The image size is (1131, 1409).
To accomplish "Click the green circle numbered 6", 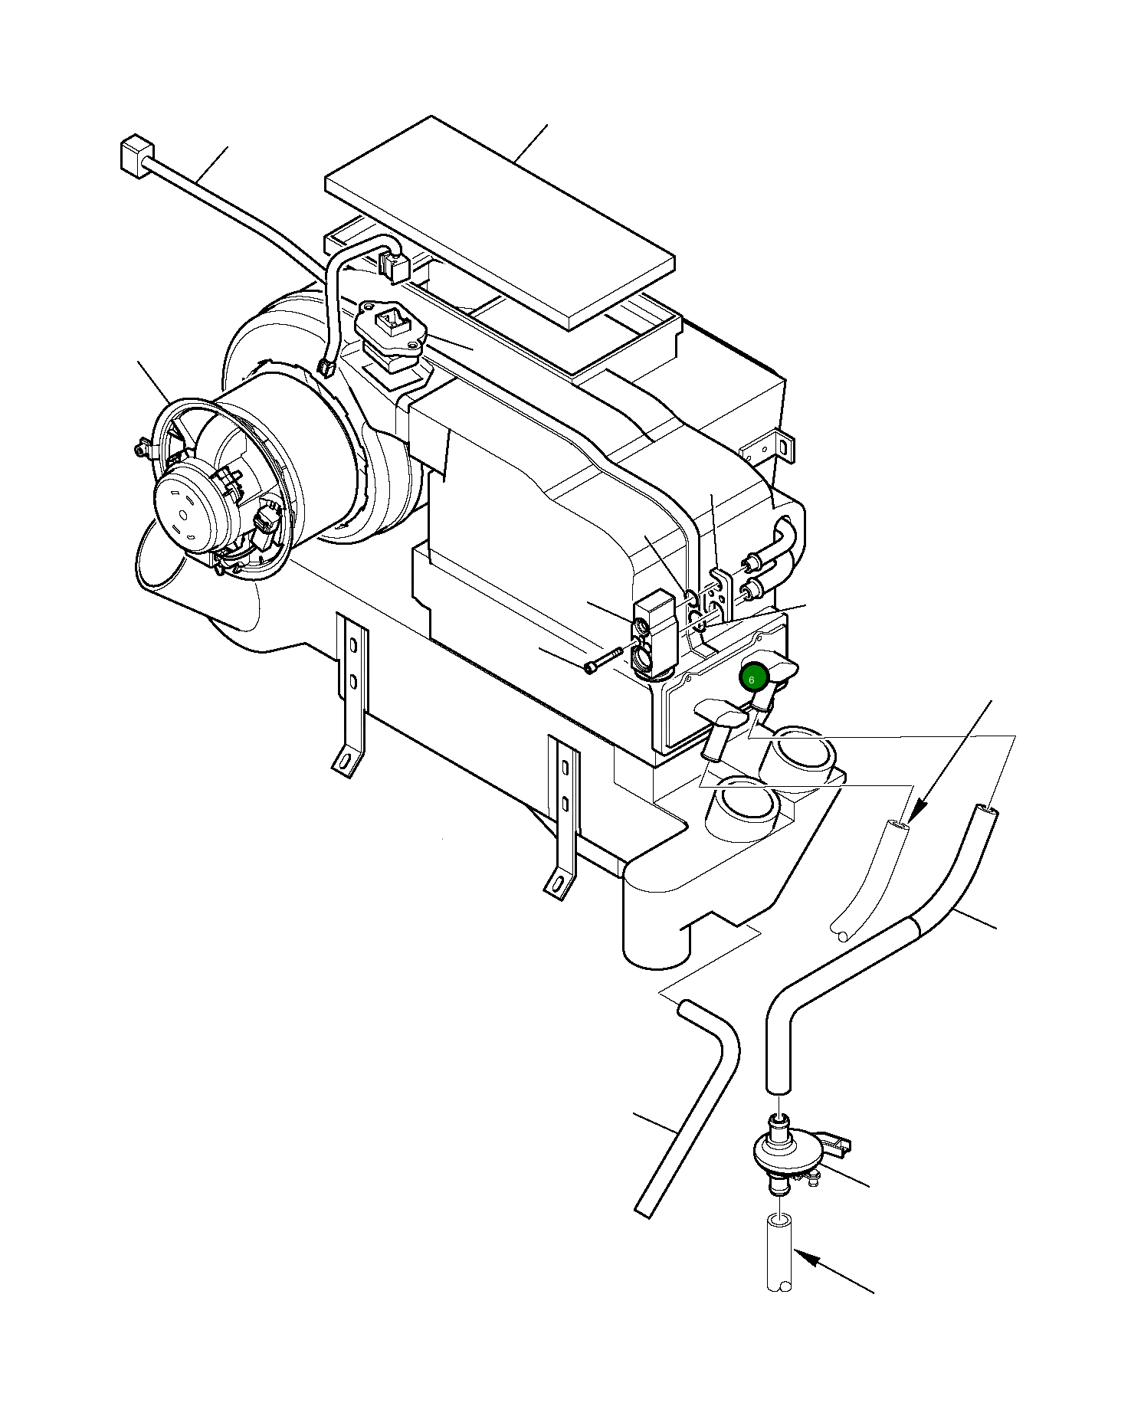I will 752,679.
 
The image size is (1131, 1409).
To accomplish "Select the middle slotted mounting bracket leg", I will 563,812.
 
